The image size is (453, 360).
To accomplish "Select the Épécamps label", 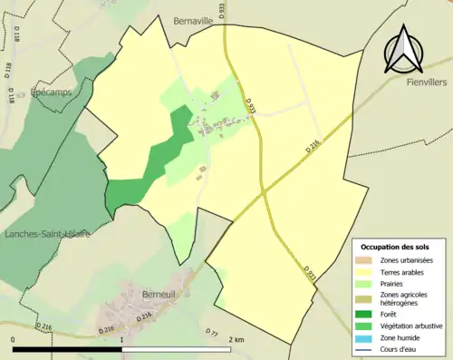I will point(51,92).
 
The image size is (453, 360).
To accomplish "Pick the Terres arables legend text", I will point(402,271).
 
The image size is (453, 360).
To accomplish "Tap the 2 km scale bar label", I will point(236,340).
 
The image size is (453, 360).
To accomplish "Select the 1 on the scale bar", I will point(122,340).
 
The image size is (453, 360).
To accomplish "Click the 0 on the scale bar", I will point(13,340).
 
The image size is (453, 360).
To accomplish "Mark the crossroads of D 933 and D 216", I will point(264,191).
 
